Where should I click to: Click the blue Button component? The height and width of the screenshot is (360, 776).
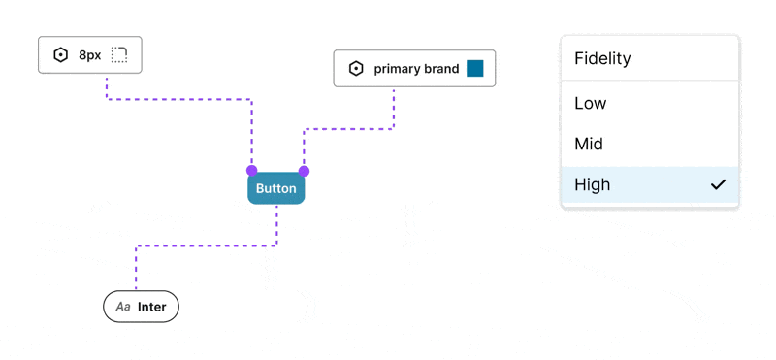[x=275, y=188]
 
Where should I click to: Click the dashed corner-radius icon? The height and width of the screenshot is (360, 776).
[x=119, y=55]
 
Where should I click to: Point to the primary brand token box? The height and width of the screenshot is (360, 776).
[x=414, y=69]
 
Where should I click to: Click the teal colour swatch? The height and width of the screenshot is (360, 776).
[x=474, y=69]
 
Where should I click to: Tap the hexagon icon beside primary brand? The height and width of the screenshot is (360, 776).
[x=356, y=69]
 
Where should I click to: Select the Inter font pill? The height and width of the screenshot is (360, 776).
[x=142, y=307]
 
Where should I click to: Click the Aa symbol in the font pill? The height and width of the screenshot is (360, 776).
[x=123, y=307]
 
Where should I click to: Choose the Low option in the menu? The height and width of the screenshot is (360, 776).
[x=591, y=103]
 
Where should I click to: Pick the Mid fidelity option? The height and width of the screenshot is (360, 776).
[x=589, y=144]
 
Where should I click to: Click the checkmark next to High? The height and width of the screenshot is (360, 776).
[x=718, y=184]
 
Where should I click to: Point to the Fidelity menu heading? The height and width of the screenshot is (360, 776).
[x=602, y=58]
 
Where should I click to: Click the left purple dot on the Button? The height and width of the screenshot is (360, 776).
[x=252, y=171]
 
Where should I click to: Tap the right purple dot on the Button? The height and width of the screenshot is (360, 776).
[x=304, y=171]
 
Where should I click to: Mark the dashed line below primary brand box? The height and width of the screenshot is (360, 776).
[x=394, y=109]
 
